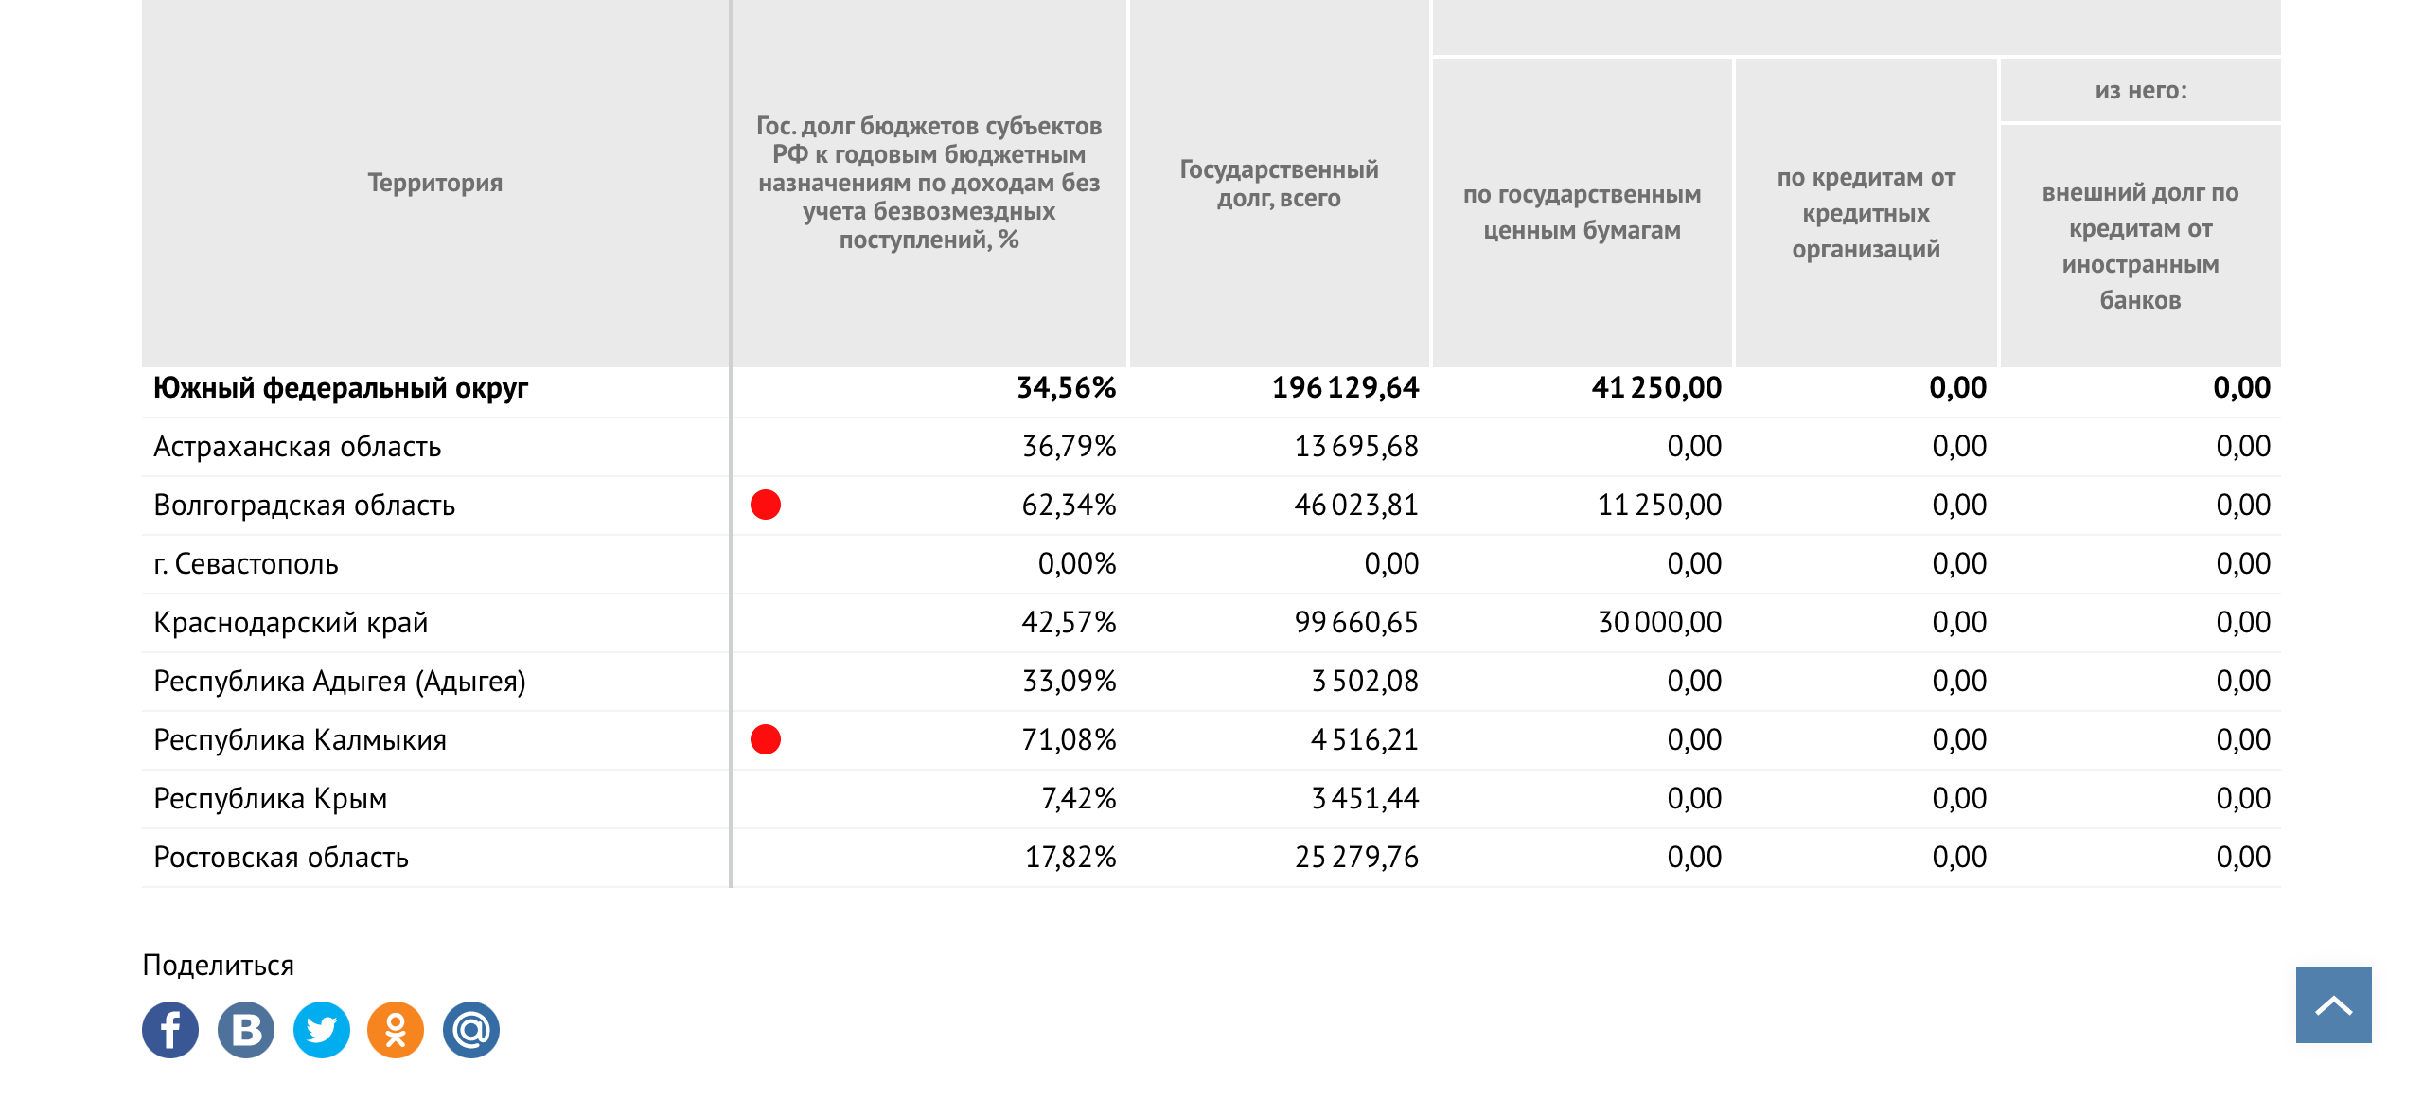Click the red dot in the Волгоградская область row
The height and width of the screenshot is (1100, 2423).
766,505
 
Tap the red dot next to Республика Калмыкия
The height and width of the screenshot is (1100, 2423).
766,739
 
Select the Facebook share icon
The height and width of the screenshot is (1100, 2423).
170,1030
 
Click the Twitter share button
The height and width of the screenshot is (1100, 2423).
322,1030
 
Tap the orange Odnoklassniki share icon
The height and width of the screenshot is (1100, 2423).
396,1030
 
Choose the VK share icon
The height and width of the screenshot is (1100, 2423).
246,1030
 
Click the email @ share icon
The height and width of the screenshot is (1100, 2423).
471,1030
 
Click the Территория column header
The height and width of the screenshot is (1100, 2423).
435,183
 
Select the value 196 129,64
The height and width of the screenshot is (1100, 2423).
1345,388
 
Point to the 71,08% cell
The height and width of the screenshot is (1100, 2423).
1069,740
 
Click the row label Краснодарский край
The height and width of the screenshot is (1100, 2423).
291,623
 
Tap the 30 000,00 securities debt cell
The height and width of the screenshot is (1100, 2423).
1660,623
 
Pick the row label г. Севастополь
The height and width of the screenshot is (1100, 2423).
246,564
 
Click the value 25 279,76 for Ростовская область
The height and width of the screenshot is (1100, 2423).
1356,858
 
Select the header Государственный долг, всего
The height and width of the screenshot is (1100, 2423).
1279,184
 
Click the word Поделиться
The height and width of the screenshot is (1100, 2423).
218,966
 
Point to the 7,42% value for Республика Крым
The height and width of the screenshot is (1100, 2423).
1078,799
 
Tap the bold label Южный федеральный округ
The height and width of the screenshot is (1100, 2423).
341,388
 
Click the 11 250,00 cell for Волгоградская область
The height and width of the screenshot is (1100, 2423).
1660,506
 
